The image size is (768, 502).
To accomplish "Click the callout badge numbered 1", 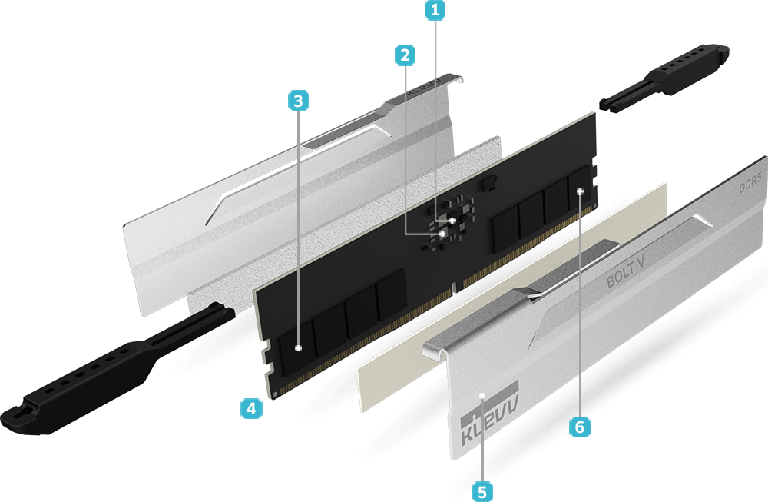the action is pos(435,10).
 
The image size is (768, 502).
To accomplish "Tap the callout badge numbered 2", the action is pos(405,55).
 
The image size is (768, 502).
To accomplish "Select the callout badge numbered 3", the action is pos(298,101).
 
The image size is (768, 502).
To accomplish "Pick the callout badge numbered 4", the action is pos(251,408).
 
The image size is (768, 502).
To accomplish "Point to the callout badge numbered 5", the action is pos(482,491).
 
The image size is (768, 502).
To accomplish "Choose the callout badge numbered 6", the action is pos(580,427).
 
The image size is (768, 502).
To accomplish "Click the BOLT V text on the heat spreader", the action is pos(625,274).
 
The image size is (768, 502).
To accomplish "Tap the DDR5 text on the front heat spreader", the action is pos(750,182).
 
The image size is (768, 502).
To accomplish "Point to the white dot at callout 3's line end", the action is pos(298,348).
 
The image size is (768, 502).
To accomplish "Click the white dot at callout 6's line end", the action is pos(581,191).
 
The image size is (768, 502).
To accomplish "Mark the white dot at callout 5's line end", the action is pos(482,394).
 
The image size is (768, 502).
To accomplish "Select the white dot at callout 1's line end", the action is pos(452,221).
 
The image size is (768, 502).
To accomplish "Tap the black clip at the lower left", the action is pos(116,369).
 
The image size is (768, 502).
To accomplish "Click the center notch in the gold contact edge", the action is pos(454,288).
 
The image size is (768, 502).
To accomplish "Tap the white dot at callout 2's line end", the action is pos(442,234).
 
